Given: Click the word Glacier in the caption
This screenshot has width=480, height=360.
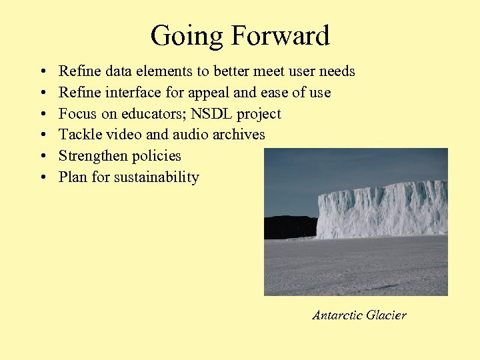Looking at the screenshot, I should (386, 315).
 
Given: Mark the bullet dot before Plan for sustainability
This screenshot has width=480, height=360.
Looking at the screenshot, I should (42, 178).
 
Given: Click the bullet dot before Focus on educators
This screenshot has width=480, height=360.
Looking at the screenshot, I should (42, 114).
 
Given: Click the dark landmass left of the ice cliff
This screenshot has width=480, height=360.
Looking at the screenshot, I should (289, 227).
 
